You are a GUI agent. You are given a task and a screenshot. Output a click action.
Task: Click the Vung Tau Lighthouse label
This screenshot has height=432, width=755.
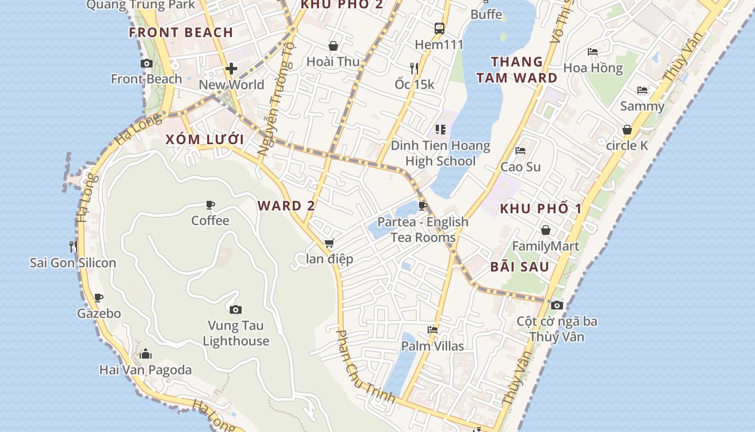pos(236,333)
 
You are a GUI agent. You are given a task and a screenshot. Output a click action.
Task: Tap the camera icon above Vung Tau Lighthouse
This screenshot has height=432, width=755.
pos(236,309)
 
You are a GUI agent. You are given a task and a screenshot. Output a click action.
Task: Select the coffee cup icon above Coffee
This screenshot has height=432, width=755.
pos(210,205)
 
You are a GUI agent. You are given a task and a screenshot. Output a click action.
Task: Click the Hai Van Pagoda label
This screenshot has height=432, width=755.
pos(146,370)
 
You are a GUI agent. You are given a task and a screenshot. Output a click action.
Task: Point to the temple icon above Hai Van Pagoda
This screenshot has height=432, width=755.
pos(146,354)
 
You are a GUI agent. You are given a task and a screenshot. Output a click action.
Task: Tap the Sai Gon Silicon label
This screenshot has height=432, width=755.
pos(73,263)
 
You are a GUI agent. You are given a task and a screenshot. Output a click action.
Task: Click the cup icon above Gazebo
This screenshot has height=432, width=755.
pos(99,298)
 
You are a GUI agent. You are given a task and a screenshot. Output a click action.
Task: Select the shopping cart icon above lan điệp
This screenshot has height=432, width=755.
pos(330,244)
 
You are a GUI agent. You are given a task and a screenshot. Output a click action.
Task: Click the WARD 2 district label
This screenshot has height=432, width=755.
pos(286,206)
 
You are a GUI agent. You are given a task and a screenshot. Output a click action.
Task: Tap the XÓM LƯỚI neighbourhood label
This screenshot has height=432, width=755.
pos(205,140)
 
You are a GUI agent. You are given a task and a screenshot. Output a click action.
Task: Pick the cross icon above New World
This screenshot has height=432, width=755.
pos(231,69)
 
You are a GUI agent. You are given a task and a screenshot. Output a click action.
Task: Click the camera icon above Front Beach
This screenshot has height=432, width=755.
pos(146,64)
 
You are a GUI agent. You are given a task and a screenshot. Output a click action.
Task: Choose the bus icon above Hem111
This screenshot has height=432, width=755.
pos(440,29)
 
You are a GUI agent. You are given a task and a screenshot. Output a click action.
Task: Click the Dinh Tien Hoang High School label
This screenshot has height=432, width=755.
pos(441,153)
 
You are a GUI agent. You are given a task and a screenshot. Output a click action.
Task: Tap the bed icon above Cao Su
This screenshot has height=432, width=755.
pos(520,151)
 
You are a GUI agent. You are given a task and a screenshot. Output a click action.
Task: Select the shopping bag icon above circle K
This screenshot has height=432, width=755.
pos(627,130)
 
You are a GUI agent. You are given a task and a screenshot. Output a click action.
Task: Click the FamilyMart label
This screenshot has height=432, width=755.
pos(546,246)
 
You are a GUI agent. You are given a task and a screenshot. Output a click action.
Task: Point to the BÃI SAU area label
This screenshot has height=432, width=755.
pos(520,267)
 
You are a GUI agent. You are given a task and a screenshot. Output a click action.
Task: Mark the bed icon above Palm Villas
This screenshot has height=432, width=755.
pos(433,329)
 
